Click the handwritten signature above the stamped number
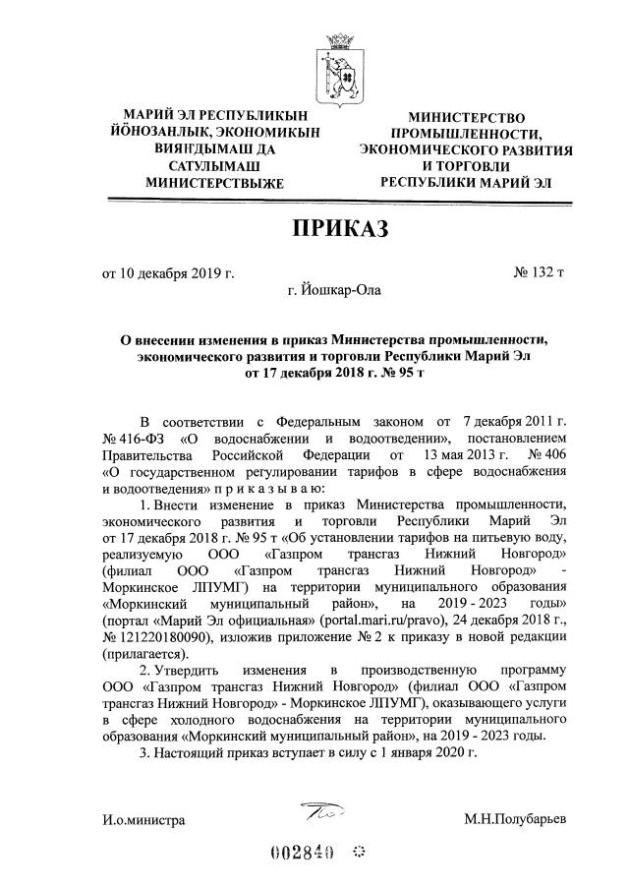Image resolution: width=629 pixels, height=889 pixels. pyautogui.click(x=323, y=811)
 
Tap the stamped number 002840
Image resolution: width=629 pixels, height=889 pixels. pyautogui.click(x=303, y=852)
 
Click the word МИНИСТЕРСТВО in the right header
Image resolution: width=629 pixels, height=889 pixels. pyautogui.click(x=467, y=117)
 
